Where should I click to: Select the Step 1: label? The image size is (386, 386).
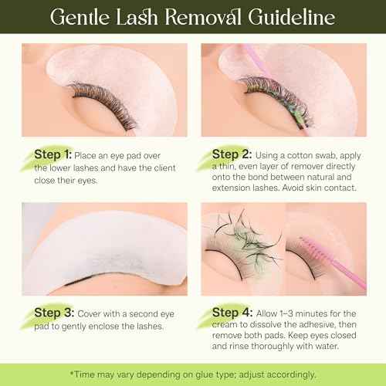coord(53,154)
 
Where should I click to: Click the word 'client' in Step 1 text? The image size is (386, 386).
coord(169,170)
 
